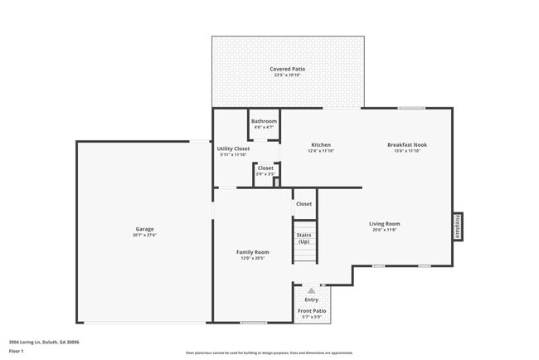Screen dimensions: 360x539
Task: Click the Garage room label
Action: pos(145,229)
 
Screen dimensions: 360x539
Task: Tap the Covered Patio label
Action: pos(287,69)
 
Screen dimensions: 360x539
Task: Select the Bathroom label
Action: pos(264,121)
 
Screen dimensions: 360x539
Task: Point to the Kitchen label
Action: pos(321,145)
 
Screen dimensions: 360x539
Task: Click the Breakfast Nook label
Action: pos(406,145)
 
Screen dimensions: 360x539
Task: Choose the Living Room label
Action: pos(385,223)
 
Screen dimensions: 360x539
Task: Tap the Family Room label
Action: pos(253,251)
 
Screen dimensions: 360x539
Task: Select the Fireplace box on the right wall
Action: pos(457,226)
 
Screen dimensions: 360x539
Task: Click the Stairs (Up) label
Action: pos(304,238)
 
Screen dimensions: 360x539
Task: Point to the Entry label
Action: pos(311,299)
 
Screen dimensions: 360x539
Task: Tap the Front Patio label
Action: pos(312,311)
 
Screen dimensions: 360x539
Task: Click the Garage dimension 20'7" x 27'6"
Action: pos(145,236)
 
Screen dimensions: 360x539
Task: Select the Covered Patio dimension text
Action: pos(287,75)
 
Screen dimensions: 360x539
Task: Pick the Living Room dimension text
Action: pos(385,230)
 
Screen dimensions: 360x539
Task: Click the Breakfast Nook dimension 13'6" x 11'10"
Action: pos(406,152)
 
